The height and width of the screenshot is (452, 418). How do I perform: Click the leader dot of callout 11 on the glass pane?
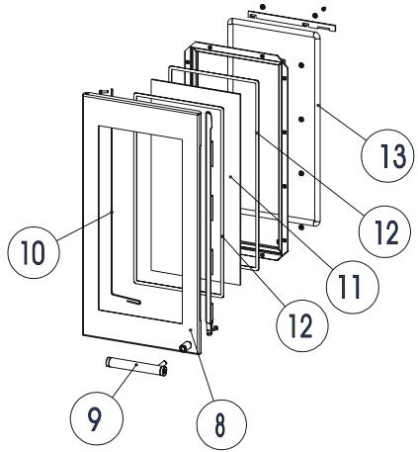(x=229, y=177)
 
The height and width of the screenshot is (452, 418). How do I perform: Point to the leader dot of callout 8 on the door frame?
(x=189, y=328)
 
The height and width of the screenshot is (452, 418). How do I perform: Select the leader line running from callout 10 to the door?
(x=85, y=231)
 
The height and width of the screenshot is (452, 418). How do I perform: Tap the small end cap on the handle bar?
(x=163, y=372)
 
